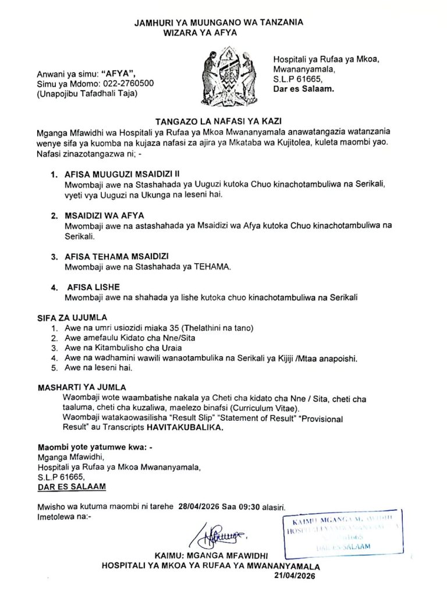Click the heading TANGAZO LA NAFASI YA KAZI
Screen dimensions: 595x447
223,121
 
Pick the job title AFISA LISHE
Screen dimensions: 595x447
94,288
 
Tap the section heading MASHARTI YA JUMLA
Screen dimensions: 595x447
81,388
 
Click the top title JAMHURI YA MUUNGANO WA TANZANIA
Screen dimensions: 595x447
219,23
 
